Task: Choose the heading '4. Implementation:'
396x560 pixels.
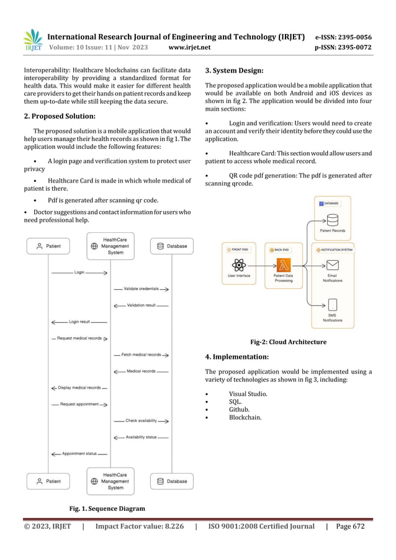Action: pyautogui.click(x=236, y=357)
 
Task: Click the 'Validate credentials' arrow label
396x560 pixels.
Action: pyautogui.click(x=141, y=289)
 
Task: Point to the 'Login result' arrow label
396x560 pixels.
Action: pyautogui.click(x=79, y=322)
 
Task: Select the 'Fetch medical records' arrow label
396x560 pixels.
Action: pyautogui.click(x=141, y=355)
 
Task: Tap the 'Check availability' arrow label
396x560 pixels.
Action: pyautogui.click(x=141, y=420)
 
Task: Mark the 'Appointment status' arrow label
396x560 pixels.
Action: pyautogui.click(x=79, y=453)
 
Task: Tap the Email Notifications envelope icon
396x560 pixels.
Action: pyautogui.click(x=333, y=266)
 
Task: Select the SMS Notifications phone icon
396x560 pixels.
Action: pyautogui.click(x=333, y=305)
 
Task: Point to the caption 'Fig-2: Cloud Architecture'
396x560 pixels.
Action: pyautogui.click(x=287, y=341)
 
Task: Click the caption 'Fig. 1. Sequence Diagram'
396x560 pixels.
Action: pyautogui.click(x=107, y=508)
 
